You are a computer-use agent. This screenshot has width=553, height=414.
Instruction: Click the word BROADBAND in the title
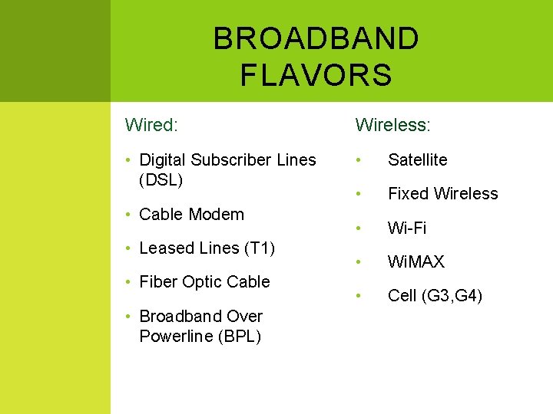316,38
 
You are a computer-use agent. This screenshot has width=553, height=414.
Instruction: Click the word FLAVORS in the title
316,75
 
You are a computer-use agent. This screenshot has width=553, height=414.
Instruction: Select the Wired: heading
152,123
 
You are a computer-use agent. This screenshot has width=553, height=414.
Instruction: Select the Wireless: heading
392,123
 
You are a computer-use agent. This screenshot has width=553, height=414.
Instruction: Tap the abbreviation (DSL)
161,180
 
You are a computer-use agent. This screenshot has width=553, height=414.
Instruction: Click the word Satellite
417,159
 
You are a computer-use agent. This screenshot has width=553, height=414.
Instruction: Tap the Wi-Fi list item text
407,228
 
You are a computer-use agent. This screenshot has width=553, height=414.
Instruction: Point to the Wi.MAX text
416,261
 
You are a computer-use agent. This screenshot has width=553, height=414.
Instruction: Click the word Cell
402,296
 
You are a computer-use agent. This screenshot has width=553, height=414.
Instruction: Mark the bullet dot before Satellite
358,160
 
